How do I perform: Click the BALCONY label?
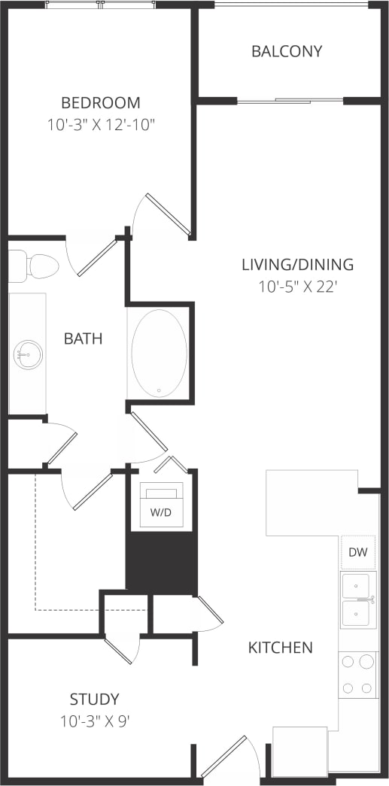click(287, 51)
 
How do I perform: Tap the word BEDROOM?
click(101, 102)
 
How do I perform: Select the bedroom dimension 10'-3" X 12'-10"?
click(101, 124)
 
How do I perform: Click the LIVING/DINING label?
click(297, 264)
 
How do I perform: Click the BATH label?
click(83, 338)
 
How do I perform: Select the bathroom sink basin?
click(28, 354)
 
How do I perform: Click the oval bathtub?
click(159, 352)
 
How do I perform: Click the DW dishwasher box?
click(358, 553)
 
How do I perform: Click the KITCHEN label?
click(281, 647)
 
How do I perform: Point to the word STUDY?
click(94, 699)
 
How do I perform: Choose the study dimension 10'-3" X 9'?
click(96, 721)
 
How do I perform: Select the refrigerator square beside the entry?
click(299, 752)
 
